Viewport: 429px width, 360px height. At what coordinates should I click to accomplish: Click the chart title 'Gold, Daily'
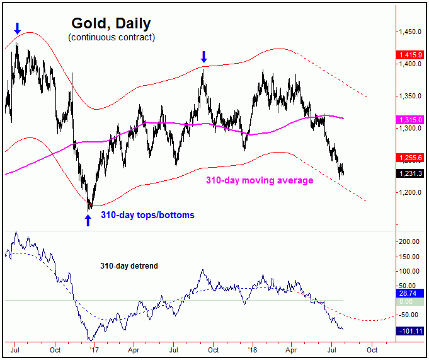coord(111,23)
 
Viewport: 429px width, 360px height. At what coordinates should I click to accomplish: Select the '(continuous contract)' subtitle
coord(111,37)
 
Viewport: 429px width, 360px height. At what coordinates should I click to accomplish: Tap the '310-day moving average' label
coord(260,180)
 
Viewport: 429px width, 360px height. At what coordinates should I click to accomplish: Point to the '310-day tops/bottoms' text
coord(147,215)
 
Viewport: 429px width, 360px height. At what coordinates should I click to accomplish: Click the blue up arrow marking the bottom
coord(88,219)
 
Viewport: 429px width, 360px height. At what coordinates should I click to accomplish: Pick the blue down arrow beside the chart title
coord(18,28)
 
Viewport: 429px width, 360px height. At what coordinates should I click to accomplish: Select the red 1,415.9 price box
coord(409,55)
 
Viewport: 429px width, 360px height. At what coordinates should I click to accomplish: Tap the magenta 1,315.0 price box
coord(409,120)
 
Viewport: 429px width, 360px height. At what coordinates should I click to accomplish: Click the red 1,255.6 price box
coord(409,158)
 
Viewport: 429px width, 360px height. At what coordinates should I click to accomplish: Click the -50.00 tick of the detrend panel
coord(409,314)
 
